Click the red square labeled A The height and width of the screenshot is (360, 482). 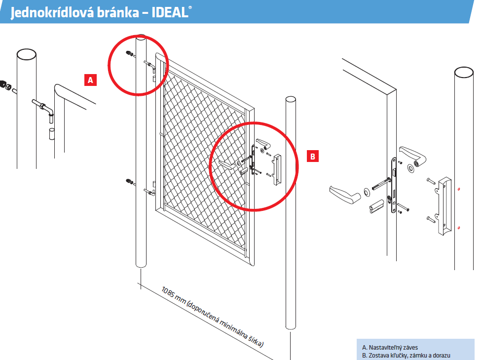click(x=90, y=80)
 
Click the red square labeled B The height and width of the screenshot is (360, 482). click(x=313, y=156)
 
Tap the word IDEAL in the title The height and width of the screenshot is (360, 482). click(x=170, y=13)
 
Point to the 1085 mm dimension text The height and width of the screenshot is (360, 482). click(x=213, y=317)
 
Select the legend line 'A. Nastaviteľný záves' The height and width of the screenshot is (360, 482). click(x=390, y=347)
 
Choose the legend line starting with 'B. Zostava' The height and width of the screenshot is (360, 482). click(x=406, y=356)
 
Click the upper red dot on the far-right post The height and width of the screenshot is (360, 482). click(x=459, y=189)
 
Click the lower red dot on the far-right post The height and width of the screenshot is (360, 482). click(x=459, y=228)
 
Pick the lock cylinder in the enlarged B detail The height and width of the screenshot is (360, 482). click(x=376, y=206)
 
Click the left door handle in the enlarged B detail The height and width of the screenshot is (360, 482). click(x=345, y=195)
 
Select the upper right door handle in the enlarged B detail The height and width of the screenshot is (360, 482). click(x=413, y=156)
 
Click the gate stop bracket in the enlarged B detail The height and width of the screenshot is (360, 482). click(x=444, y=206)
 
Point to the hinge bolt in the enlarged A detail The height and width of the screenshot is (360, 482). click(x=43, y=107)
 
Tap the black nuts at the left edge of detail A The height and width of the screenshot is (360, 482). click(x=4, y=84)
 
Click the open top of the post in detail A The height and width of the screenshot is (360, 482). click(x=27, y=54)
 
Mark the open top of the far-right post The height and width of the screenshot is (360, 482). click(x=464, y=72)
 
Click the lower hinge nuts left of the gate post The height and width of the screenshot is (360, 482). click(x=130, y=182)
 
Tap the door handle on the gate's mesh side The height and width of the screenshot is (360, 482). click(x=226, y=165)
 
